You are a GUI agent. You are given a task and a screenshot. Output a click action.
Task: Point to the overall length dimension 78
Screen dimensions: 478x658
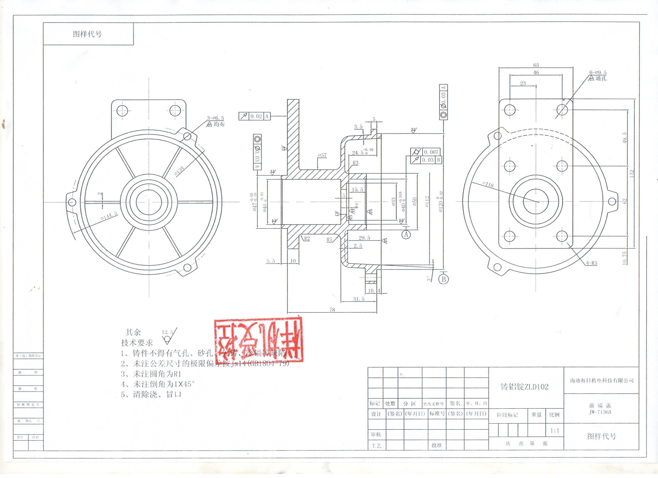pyautogui.click(x=332, y=310)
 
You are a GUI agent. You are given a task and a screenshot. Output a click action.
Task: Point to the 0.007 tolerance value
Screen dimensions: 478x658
pyautogui.click(x=431, y=152)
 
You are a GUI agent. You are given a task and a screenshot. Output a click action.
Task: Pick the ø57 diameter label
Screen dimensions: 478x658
pyautogui.click(x=322, y=155)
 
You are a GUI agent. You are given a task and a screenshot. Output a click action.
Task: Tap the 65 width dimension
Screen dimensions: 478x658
pyautogui.click(x=536, y=65)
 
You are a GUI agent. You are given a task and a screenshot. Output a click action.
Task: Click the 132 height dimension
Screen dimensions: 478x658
pyautogui.click(x=632, y=173)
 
